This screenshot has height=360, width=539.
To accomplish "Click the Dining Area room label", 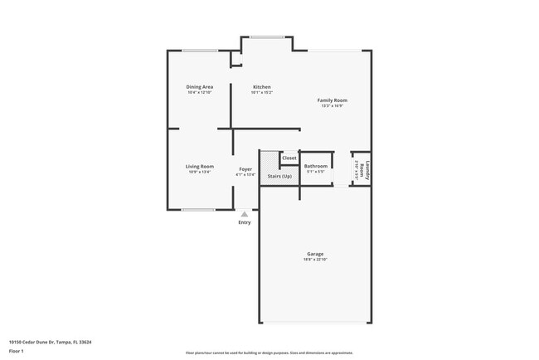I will click(x=199, y=87).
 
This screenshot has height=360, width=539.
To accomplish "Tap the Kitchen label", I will click(x=261, y=87).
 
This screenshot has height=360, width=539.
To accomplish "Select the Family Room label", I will click(x=331, y=100).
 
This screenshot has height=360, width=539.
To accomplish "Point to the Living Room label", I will click(x=199, y=167).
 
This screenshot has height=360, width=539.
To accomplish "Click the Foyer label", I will click(x=245, y=169).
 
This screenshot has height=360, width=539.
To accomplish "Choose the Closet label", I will click(x=289, y=158).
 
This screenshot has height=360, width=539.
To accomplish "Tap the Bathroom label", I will click(x=316, y=167).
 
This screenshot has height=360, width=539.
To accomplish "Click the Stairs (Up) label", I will click(x=279, y=177).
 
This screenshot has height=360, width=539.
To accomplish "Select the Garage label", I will click(x=315, y=254).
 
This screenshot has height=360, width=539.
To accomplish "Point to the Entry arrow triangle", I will click(x=244, y=214).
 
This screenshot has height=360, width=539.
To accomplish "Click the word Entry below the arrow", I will click(x=245, y=222).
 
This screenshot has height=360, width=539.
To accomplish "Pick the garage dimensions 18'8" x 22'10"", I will click(x=315, y=260).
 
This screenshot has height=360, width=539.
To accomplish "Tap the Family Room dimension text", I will click(x=331, y=106).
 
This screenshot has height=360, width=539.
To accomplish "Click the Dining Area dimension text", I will click(x=199, y=92).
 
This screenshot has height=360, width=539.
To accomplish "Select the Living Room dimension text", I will click(x=199, y=173).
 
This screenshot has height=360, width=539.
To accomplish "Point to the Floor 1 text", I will click(x=17, y=351).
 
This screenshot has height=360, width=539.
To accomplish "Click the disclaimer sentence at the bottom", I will click(x=269, y=353).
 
